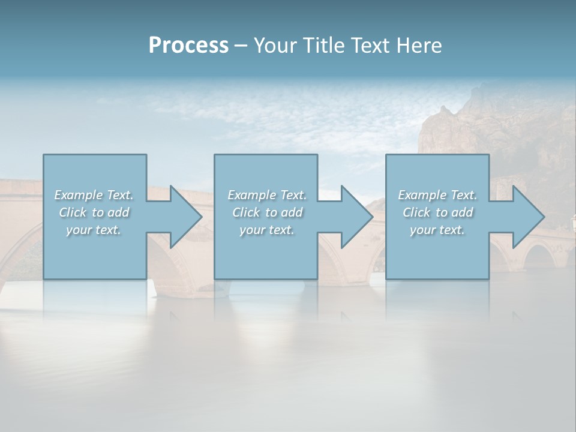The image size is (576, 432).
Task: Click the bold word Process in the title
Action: point(188,46)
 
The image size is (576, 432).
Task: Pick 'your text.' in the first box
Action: point(94,230)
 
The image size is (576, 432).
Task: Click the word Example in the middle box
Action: point(251,195)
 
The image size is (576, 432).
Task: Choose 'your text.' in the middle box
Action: point(266,230)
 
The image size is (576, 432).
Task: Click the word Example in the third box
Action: point(422,195)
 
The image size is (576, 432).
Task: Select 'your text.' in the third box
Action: point(437,230)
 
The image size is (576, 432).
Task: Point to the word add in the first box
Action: point(119,212)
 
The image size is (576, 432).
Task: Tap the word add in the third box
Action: point(463,212)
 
